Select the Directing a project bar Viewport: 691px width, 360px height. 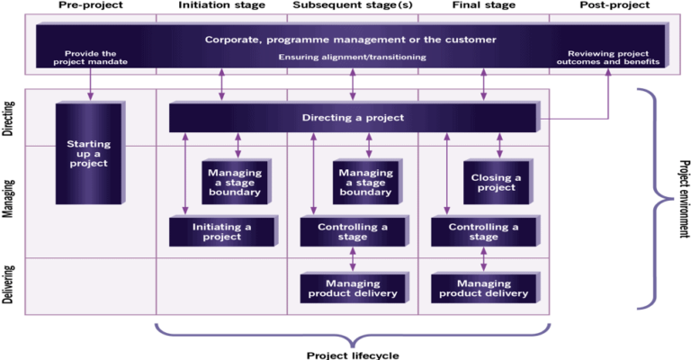[352, 118]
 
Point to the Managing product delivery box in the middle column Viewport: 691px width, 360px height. [352, 288]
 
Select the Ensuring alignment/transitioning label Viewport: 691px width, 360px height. [351, 57]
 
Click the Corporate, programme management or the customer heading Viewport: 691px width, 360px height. [351, 40]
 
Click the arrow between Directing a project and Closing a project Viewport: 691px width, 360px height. [499, 146]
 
